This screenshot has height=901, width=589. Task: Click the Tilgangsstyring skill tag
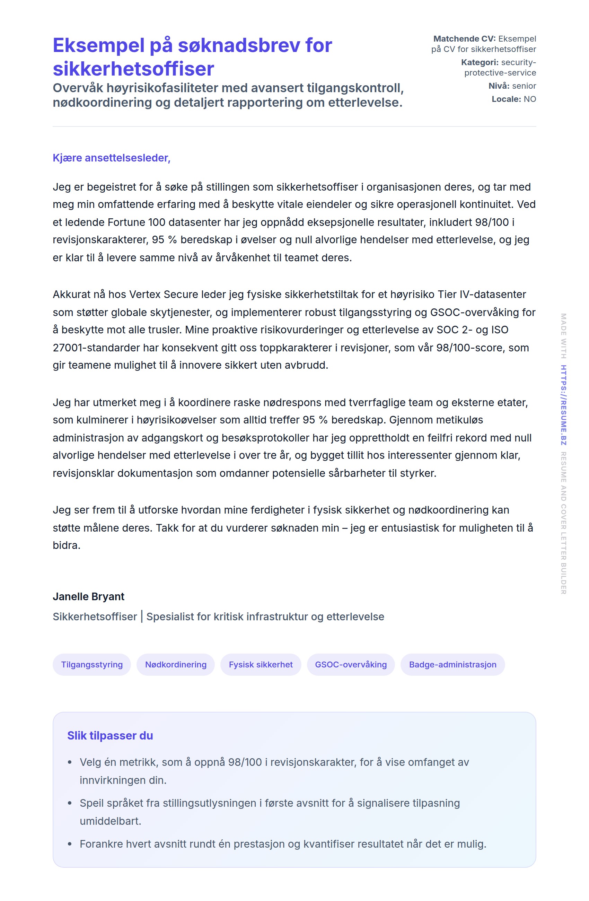(x=91, y=664)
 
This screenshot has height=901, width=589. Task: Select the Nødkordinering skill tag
(x=176, y=664)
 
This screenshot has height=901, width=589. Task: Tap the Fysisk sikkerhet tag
(x=261, y=664)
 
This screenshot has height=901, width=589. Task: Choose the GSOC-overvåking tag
(x=351, y=664)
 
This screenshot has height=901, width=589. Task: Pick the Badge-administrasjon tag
(x=452, y=664)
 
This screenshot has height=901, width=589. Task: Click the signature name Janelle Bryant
(x=88, y=596)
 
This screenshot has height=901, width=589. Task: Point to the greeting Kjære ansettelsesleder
(x=111, y=158)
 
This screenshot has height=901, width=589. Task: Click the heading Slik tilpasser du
(x=110, y=735)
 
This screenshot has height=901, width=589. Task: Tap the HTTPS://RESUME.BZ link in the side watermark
(x=563, y=405)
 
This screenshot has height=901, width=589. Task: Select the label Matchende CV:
(x=464, y=38)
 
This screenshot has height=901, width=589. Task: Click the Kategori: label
(x=480, y=62)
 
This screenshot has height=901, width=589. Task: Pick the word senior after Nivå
(x=524, y=86)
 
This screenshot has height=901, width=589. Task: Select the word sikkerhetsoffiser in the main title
(x=133, y=69)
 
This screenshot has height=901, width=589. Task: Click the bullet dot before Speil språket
(x=70, y=803)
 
